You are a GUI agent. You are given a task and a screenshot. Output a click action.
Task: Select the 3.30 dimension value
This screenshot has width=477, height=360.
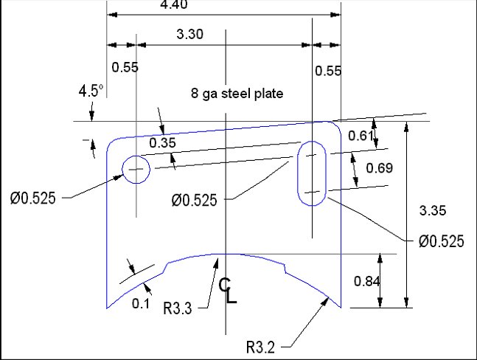click(x=189, y=34)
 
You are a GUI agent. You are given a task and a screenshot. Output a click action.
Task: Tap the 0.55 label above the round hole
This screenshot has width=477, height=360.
click(x=125, y=67)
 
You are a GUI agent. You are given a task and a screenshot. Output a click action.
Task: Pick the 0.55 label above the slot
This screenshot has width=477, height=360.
click(x=327, y=71)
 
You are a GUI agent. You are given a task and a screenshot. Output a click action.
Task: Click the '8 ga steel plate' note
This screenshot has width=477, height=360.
click(x=237, y=94)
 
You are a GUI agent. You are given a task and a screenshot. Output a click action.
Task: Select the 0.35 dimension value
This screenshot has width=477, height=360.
click(x=162, y=143)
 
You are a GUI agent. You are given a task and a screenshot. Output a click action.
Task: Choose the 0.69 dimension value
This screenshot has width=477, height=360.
click(x=379, y=168)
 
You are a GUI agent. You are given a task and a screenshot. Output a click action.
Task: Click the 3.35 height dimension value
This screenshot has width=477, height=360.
click(x=433, y=211)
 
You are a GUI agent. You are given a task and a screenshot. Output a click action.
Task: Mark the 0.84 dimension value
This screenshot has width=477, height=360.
click(x=366, y=280)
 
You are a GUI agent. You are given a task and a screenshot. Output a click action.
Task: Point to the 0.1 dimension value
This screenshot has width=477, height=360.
click(x=139, y=302)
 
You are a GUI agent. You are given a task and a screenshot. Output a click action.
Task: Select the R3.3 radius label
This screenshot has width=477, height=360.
click(x=178, y=308)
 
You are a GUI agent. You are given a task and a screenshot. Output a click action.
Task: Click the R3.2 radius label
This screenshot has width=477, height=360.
click(x=263, y=346)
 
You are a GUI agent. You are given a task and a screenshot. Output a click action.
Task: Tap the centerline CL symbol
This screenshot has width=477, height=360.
click(x=228, y=291)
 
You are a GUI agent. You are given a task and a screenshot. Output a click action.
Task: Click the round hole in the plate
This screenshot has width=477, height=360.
click(x=135, y=169)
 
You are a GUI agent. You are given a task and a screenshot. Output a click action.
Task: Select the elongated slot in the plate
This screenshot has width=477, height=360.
click(x=314, y=173)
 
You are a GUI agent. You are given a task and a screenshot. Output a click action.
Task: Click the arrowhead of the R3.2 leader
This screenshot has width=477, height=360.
click(x=327, y=298)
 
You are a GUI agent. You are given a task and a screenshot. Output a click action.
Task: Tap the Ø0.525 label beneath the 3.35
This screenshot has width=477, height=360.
click(x=441, y=240)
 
